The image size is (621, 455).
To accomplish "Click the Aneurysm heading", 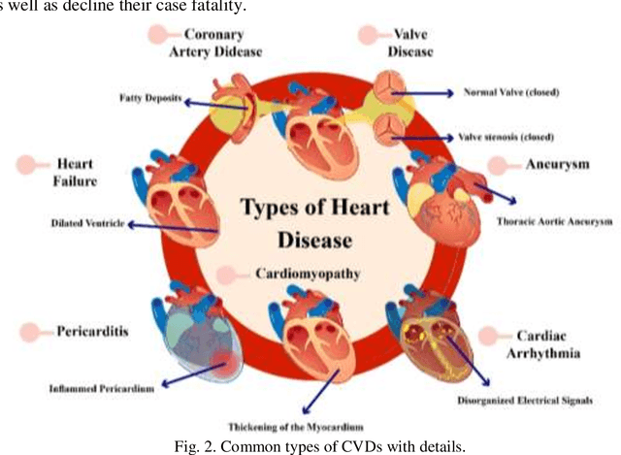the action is click(557, 164).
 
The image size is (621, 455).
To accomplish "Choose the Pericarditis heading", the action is click(92, 330).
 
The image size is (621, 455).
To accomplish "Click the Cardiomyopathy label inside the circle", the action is click(308, 274).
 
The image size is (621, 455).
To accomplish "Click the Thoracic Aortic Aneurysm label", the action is click(554, 221).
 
